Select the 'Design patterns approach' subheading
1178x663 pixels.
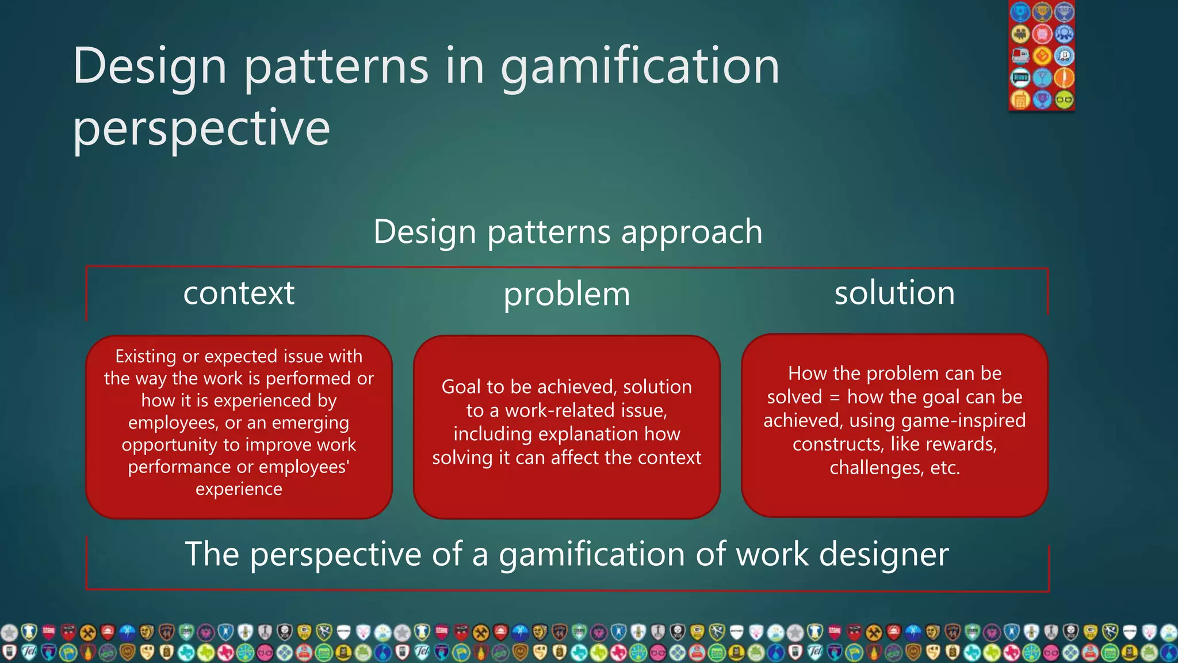[568, 232]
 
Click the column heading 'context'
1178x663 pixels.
[239, 293]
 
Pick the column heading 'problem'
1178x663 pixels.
[567, 295]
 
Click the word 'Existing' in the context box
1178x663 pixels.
[146, 356]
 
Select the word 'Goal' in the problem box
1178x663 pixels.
[460, 387]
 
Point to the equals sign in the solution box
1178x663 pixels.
[835, 397]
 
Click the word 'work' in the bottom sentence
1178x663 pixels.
[772, 554]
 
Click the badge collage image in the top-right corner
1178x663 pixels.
[1041, 55]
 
